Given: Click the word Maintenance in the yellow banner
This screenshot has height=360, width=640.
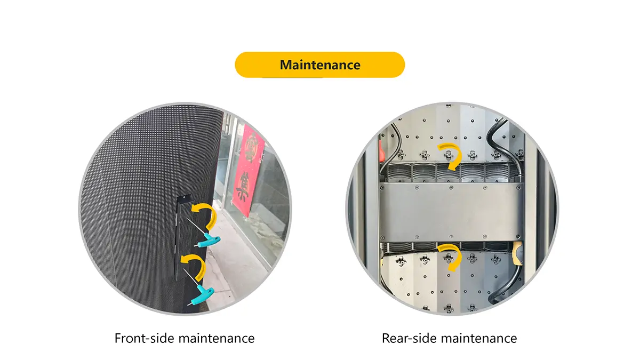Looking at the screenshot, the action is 320,65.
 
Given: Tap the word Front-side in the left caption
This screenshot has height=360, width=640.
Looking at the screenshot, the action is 145,338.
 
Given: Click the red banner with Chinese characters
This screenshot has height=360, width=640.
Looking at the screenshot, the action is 247,170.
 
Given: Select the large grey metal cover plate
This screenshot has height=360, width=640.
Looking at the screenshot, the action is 451,212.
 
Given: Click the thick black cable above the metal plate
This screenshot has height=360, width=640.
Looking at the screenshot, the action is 503,146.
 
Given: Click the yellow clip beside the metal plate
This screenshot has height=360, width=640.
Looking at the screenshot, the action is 517,253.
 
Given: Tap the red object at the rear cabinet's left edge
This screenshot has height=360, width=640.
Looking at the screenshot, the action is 382,150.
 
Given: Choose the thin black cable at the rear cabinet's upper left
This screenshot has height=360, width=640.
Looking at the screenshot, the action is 394,149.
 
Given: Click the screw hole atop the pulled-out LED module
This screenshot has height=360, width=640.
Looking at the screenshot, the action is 185,198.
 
